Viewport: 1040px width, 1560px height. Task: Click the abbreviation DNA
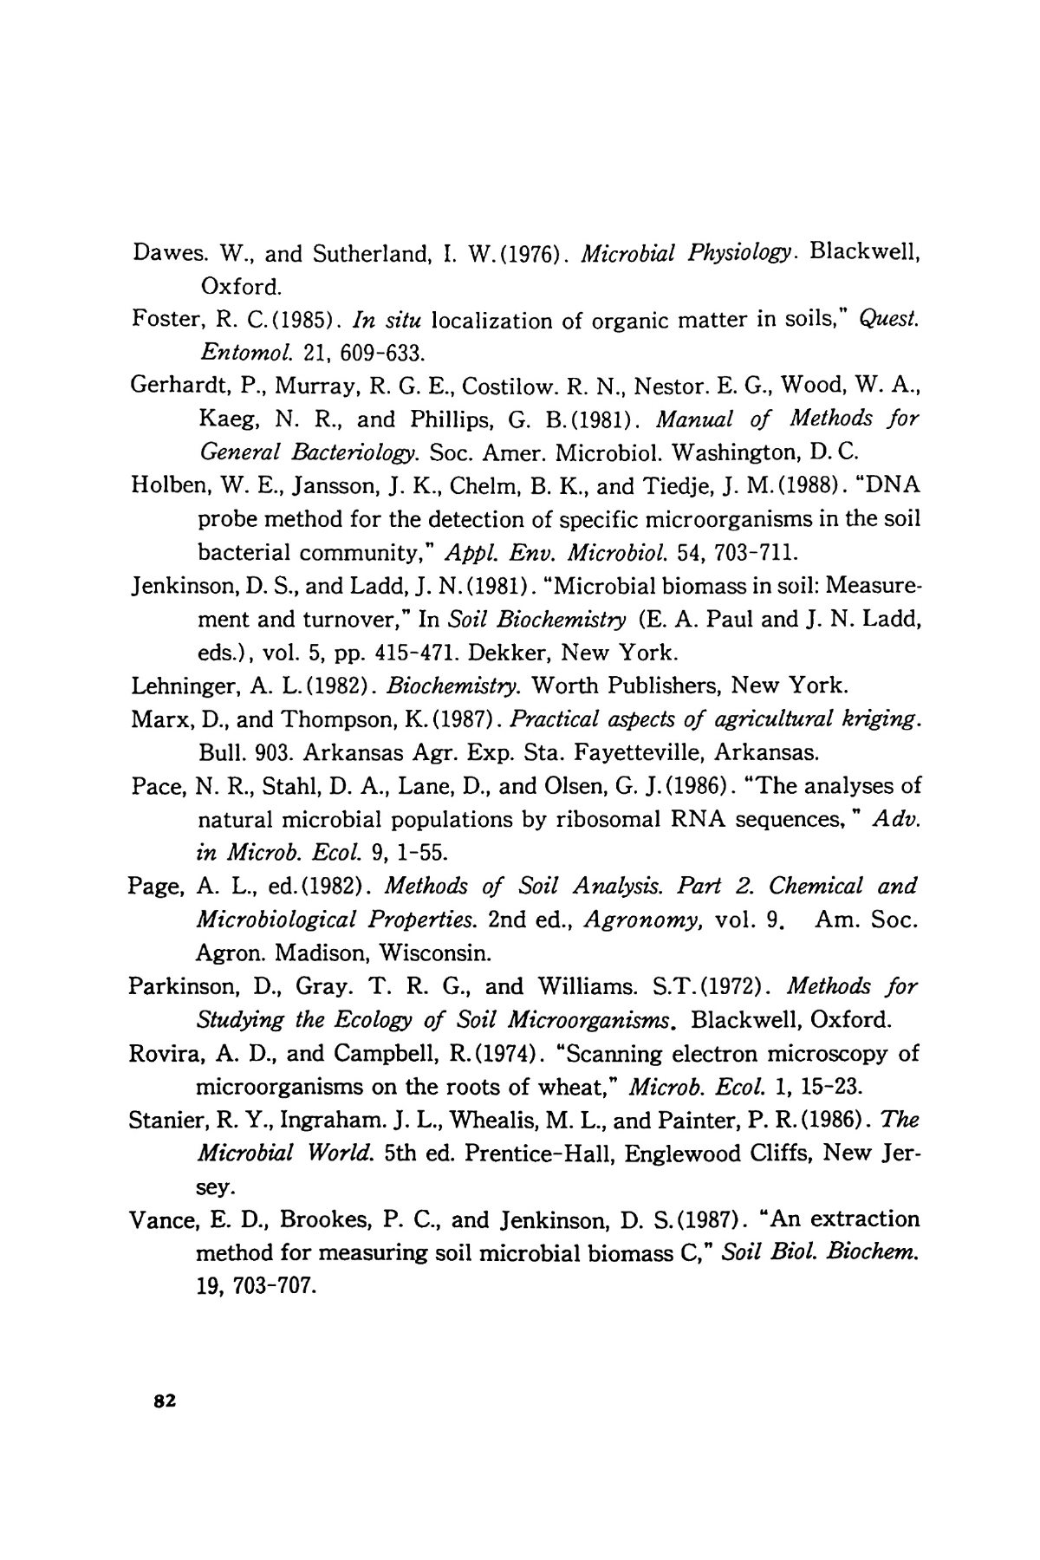(x=890, y=485)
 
